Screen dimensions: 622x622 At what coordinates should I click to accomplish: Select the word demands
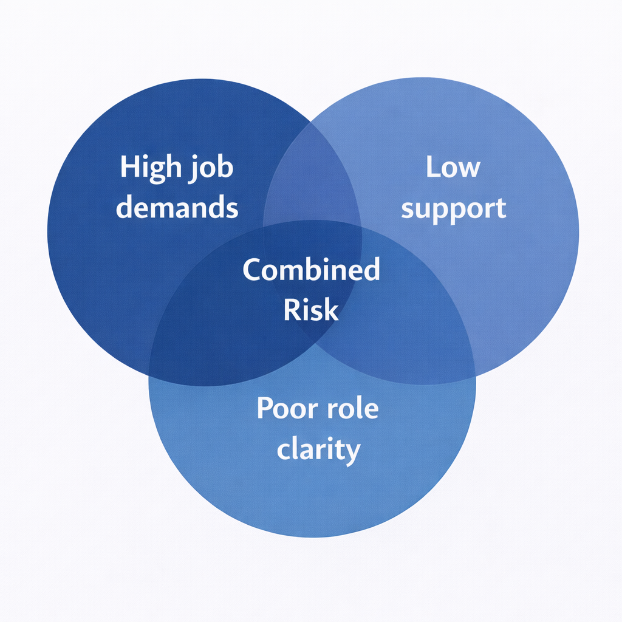click(177, 207)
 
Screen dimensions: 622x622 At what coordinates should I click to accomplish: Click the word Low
click(453, 166)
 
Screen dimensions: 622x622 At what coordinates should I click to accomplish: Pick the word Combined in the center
click(311, 269)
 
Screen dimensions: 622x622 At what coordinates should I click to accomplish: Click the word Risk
click(311, 310)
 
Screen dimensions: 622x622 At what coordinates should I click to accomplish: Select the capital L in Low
click(432, 166)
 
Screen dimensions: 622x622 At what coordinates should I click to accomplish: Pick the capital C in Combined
click(252, 269)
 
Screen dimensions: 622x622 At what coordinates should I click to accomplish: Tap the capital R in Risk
click(292, 310)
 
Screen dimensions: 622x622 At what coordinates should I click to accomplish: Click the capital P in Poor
click(265, 408)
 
